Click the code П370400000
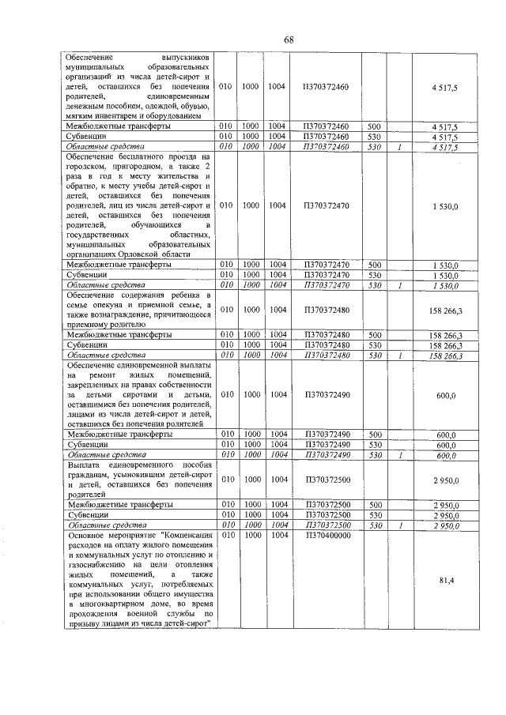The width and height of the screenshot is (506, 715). tap(326, 535)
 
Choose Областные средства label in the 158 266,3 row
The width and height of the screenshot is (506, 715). tap(106, 355)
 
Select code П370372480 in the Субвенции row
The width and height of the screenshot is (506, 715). tap(326, 345)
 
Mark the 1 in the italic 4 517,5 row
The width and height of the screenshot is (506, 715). tap(401, 146)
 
